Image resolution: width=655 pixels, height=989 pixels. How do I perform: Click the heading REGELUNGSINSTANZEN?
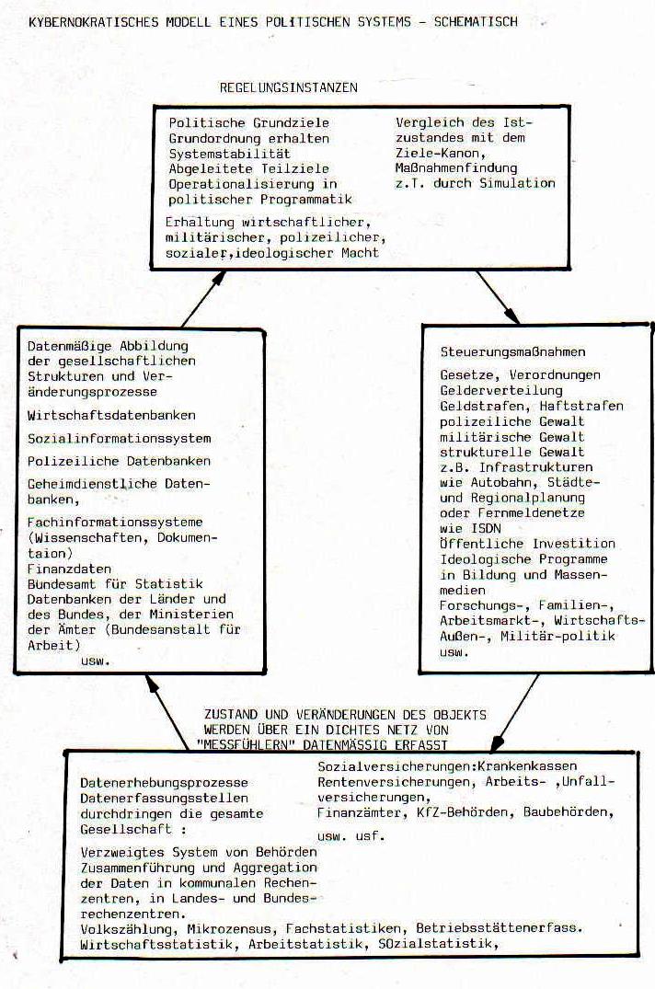click(x=288, y=87)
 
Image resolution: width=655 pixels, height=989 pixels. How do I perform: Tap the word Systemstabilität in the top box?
click(x=229, y=154)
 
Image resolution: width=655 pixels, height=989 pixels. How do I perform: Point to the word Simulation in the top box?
click(x=518, y=183)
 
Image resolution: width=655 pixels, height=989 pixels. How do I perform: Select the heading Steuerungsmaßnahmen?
click(x=512, y=352)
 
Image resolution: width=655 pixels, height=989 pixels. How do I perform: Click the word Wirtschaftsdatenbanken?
click(x=111, y=416)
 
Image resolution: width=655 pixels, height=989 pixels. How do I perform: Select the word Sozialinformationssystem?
click(x=119, y=439)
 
